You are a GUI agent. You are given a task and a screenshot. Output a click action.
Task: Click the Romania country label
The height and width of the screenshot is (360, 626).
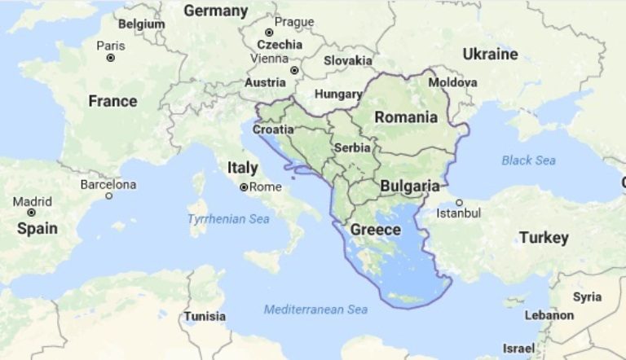(x=406, y=117)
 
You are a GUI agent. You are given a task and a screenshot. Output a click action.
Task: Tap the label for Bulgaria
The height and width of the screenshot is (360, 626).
(x=410, y=186)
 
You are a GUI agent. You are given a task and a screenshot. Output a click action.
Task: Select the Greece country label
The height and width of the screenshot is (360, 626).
(x=375, y=230)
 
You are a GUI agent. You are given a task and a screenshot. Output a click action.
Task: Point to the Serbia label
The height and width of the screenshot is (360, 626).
(x=353, y=148)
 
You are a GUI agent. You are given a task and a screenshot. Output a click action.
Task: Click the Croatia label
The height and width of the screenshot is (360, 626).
(x=273, y=130)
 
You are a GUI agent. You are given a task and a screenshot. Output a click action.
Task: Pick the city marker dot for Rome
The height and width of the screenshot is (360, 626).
(x=243, y=187)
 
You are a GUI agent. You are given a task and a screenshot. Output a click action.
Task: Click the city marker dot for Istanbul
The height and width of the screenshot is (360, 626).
(x=460, y=203)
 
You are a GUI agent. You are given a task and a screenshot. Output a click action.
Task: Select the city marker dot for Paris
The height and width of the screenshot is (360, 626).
(x=111, y=58)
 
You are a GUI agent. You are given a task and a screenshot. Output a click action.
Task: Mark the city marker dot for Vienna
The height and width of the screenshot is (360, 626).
(x=293, y=70)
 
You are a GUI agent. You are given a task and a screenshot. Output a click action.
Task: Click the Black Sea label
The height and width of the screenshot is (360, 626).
(x=528, y=160)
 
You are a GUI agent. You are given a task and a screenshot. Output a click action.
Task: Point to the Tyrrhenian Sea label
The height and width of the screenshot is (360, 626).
(x=228, y=219)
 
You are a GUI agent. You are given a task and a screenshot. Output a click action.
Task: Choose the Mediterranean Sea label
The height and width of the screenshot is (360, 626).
(x=315, y=310)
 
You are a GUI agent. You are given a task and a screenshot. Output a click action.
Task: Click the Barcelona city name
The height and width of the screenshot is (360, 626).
(x=108, y=185)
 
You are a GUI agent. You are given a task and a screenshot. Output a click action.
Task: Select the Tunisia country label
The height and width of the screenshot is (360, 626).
(x=205, y=315)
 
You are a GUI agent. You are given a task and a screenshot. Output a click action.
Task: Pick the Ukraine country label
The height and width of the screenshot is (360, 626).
(x=490, y=55)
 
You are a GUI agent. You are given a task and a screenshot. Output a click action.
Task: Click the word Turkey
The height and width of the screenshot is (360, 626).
(x=544, y=238)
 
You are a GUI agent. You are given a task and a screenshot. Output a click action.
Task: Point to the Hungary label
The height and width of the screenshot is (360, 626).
(x=337, y=94)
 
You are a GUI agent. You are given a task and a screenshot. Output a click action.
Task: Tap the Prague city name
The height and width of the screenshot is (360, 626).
(x=294, y=22)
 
